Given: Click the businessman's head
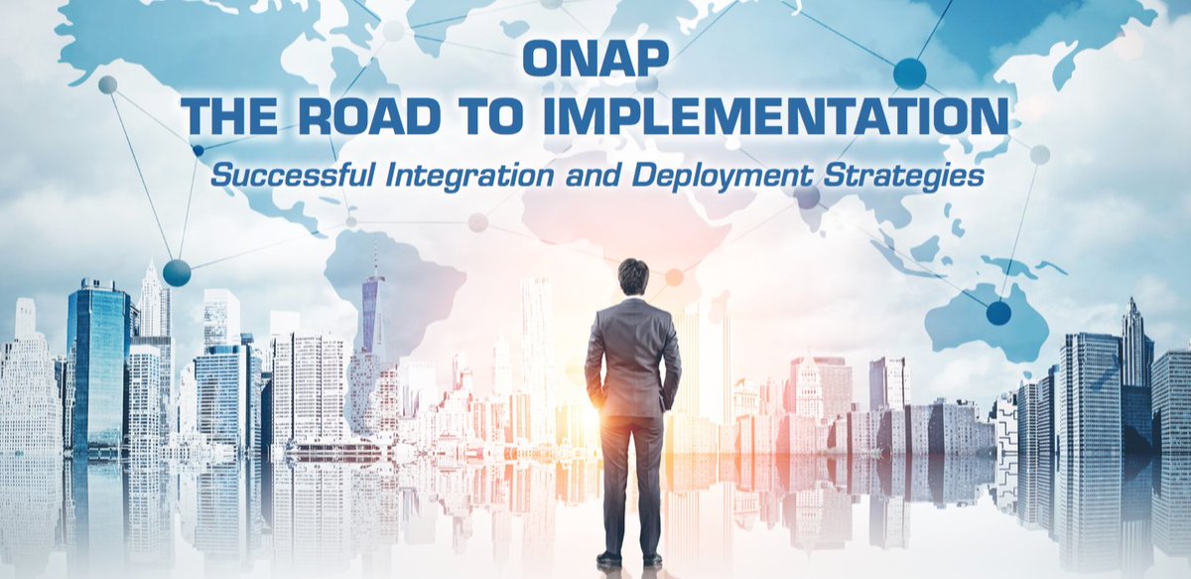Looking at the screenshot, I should [632, 277].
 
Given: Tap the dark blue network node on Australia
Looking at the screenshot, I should [998, 313].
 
